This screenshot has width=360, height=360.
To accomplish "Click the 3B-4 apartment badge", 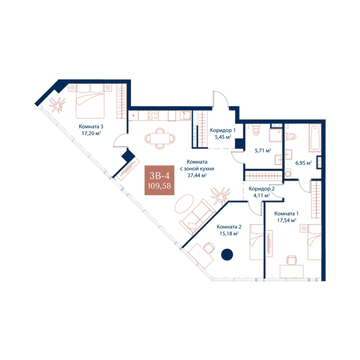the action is [x=159, y=180].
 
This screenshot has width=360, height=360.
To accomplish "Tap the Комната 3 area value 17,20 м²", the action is [x=91, y=133].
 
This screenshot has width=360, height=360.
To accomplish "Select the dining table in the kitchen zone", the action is [x=160, y=138].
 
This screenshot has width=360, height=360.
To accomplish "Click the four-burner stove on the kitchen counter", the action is [x=153, y=115].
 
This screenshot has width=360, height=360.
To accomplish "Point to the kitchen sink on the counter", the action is [x=185, y=116].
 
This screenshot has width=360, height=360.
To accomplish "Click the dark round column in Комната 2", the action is [x=227, y=255].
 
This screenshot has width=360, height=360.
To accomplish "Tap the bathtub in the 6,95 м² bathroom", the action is [x=315, y=138].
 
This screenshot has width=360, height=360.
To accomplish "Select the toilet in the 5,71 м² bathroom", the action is [x=255, y=130].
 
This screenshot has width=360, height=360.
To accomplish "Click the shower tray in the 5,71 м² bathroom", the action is [x=275, y=135].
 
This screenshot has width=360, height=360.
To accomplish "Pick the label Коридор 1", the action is [x=223, y=130].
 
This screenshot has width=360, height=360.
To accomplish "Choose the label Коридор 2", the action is [x=262, y=189].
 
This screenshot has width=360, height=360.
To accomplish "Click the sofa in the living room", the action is [x=198, y=217].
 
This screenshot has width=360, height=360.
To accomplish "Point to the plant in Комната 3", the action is [x=57, y=105].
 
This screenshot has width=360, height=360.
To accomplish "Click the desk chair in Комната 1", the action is [x=292, y=260].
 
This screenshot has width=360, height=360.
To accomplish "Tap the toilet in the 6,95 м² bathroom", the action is [x=291, y=136].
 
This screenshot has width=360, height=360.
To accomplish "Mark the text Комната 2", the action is [x=229, y=227].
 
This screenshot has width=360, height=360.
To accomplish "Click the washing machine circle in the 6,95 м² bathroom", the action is [x=288, y=174].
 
